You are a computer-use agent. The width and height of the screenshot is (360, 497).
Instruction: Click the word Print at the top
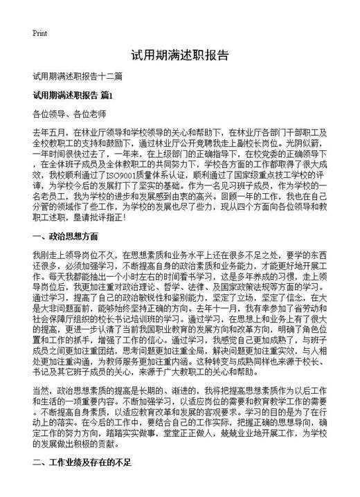click(39, 33)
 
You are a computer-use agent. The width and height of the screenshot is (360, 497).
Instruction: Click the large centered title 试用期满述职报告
click(179, 55)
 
